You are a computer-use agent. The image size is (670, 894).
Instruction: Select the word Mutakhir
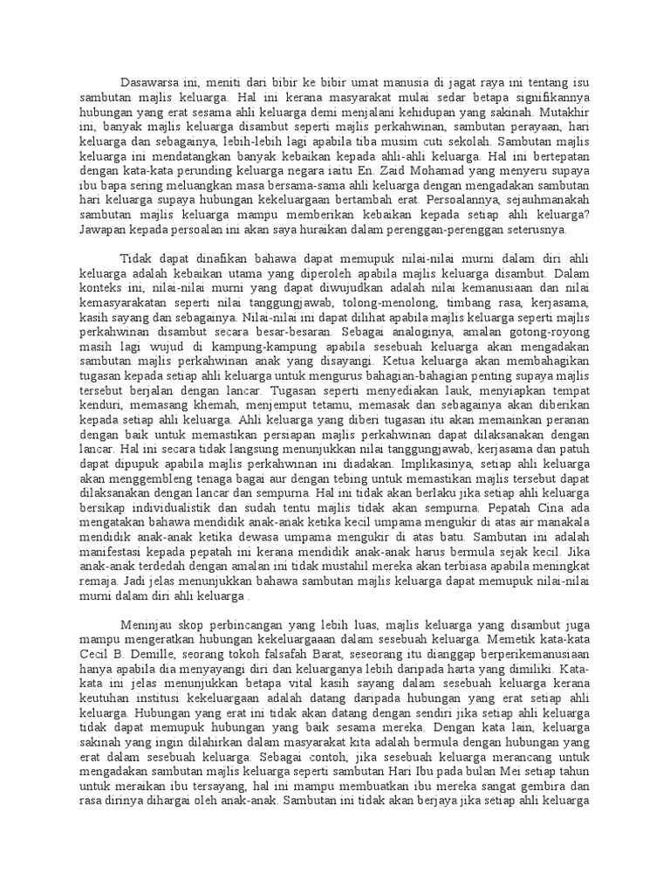564,113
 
